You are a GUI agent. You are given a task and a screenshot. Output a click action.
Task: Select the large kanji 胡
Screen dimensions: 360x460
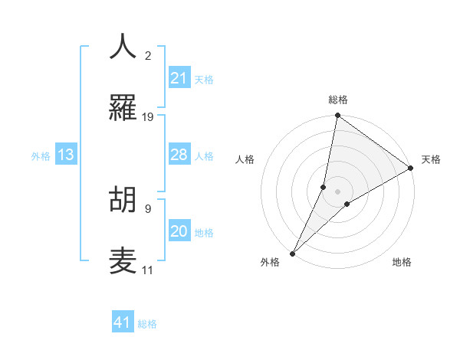tap(123, 199)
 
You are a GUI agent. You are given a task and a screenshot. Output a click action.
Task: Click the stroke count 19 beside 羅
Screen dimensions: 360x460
tap(148, 117)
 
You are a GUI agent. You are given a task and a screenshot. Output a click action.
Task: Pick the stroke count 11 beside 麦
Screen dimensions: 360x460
tap(147, 270)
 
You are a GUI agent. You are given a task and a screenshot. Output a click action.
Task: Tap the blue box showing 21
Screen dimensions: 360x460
tap(179, 78)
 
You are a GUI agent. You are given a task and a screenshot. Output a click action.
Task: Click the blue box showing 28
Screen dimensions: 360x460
tap(179, 155)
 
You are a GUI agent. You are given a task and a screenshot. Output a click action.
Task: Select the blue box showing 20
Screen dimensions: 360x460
tap(179, 231)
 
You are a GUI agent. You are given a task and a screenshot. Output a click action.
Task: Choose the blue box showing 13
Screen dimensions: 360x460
tap(66, 155)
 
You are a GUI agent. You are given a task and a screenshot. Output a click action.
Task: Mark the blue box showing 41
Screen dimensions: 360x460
tap(123, 322)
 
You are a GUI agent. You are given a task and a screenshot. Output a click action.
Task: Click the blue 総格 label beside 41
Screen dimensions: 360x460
tap(147, 324)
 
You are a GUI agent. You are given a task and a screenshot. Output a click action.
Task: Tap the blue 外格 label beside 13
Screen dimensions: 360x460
tap(41, 156)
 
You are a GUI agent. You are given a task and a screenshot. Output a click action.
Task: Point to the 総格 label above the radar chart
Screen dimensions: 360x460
tap(338, 100)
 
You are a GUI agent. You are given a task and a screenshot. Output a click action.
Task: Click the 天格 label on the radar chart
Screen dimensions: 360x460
tap(431, 159)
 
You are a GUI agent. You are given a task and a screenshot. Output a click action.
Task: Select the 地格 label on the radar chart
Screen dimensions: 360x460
tap(402, 262)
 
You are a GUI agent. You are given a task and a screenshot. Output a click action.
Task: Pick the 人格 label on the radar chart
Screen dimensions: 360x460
tap(245, 159)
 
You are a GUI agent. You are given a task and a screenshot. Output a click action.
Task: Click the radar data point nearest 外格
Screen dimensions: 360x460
tap(292, 253)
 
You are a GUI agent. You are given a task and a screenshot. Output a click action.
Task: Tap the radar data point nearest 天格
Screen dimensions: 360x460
tap(411, 169)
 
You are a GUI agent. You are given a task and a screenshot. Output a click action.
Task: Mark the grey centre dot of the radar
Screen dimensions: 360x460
tap(338, 191)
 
